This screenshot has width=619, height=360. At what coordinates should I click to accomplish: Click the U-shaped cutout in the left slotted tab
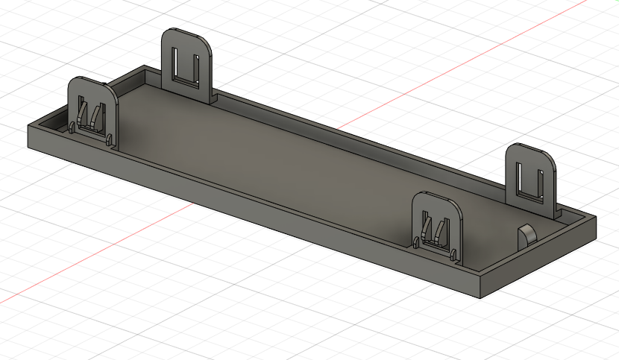(x=186, y=65)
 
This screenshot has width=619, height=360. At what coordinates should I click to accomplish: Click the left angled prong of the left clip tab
(x=83, y=114)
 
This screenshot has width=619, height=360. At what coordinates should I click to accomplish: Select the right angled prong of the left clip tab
(x=95, y=115)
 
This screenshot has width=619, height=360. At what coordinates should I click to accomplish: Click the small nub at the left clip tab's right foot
(x=110, y=139)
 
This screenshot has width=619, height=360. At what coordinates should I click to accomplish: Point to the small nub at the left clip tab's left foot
(x=71, y=127)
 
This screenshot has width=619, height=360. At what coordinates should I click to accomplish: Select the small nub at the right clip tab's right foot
(x=453, y=253)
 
